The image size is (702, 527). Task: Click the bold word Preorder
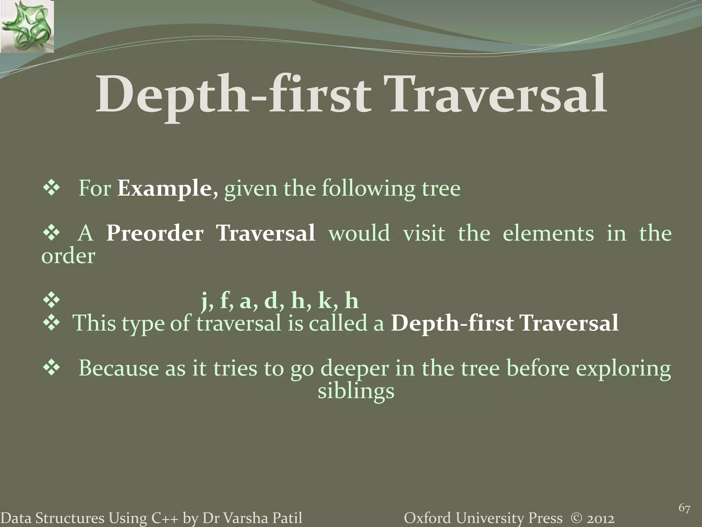155,233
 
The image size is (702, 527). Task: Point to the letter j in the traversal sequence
206,301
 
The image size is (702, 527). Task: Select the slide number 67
684,508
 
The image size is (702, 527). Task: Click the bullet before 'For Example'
51,189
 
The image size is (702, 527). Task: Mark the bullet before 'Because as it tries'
51,368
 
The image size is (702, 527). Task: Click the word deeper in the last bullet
354,369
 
